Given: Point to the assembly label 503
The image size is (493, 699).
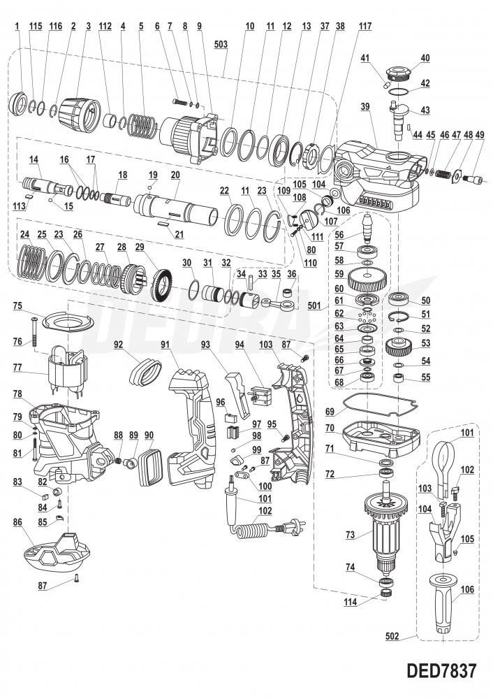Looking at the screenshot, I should [x=221, y=43].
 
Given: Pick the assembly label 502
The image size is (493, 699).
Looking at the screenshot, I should [x=392, y=637].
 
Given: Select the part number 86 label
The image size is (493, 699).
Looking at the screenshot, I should [x=17, y=521].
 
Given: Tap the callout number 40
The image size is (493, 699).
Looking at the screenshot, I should [x=425, y=58].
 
